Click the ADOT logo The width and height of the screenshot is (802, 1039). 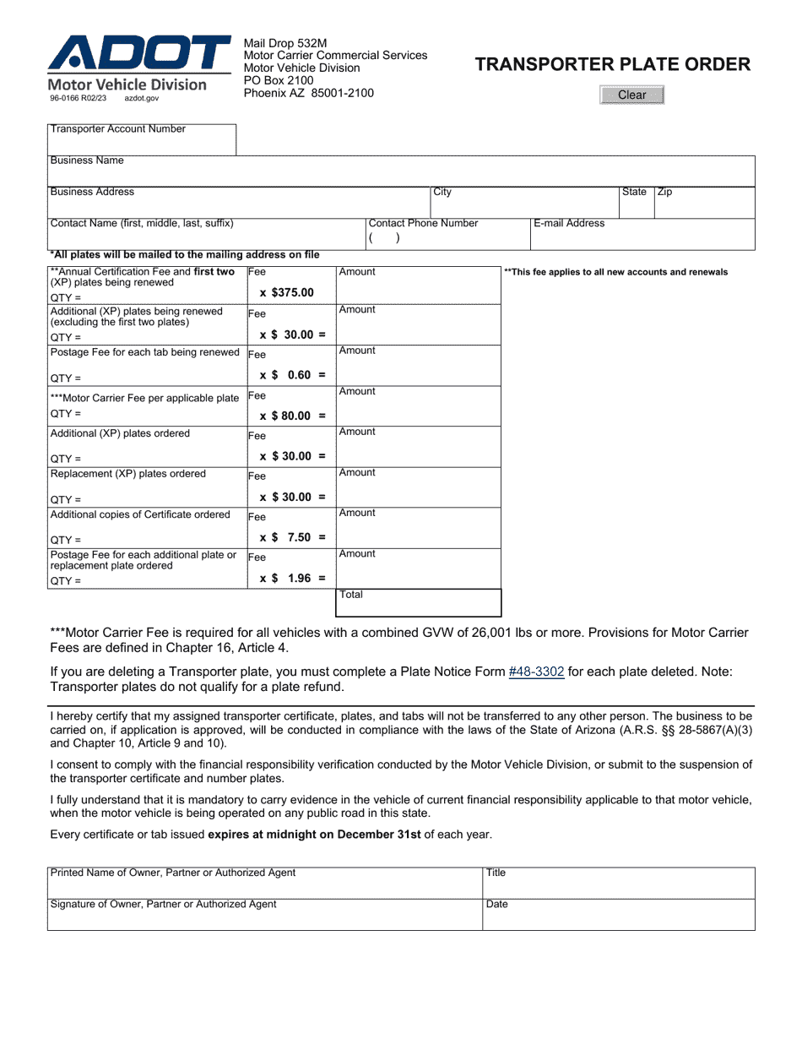(139, 55)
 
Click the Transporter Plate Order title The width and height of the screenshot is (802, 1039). (612, 64)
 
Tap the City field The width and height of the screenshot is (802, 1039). (523, 205)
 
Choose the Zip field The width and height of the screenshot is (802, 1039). (704, 205)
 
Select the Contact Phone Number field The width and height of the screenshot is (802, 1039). (447, 238)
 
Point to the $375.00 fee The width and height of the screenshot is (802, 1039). (287, 293)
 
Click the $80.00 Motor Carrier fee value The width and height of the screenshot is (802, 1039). (292, 416)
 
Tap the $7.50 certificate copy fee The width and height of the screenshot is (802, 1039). (292, 537)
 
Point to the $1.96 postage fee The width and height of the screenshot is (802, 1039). (292, 579)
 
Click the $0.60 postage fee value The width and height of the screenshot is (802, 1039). (292, 375)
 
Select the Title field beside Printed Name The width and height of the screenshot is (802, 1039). (618, 884)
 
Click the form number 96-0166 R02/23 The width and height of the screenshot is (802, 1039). (79, 99)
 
